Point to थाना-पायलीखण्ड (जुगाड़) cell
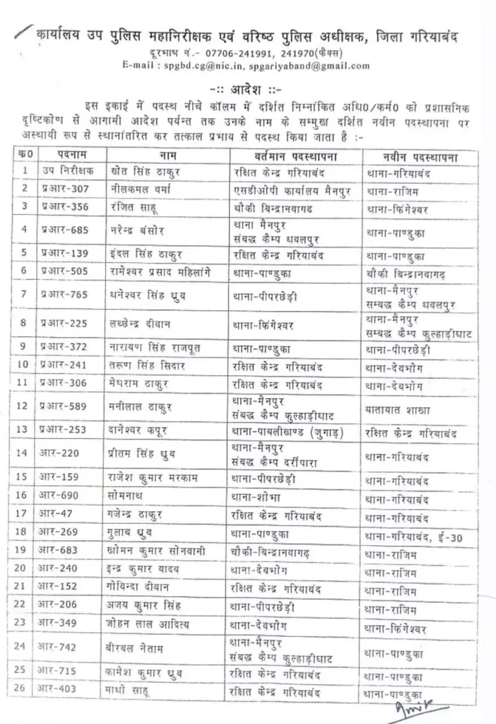[288, 431]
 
